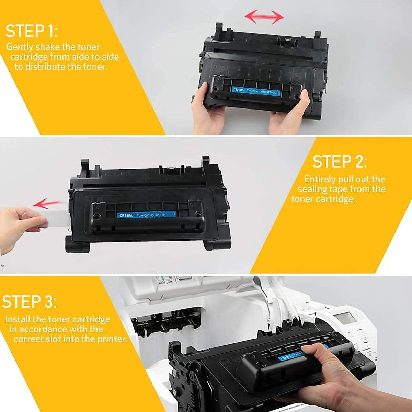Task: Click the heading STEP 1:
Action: pyautogui.click(x=32, y=31)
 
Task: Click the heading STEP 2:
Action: pyautogui.click(x=340, y=161)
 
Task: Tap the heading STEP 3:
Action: pyautogui.click(x=30, y=301)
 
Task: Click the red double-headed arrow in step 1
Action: pyautogui.click(x=264, y=16)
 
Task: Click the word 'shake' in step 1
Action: pyautogui.click(x=48, y=47)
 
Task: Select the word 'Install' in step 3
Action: pyautogui.click(x=18, y=319)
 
